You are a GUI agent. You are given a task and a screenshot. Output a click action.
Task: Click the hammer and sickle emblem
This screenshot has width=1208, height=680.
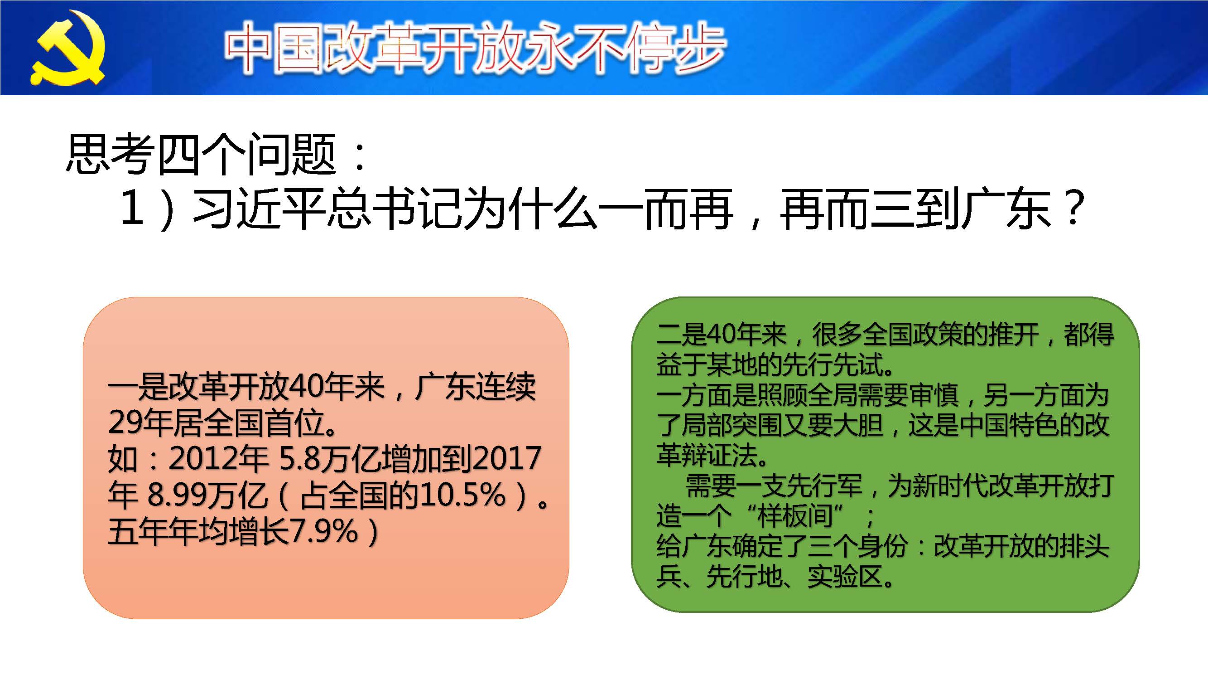coord(68,49)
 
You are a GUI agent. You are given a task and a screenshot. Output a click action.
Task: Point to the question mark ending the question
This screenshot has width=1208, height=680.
coord(1073,208)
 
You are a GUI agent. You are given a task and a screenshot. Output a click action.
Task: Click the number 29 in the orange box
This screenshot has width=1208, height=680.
coord(125,423)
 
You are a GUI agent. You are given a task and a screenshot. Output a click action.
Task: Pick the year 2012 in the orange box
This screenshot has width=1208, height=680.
coord(203,458)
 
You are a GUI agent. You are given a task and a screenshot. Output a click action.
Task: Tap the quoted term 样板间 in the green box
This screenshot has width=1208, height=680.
coord(794,515)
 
